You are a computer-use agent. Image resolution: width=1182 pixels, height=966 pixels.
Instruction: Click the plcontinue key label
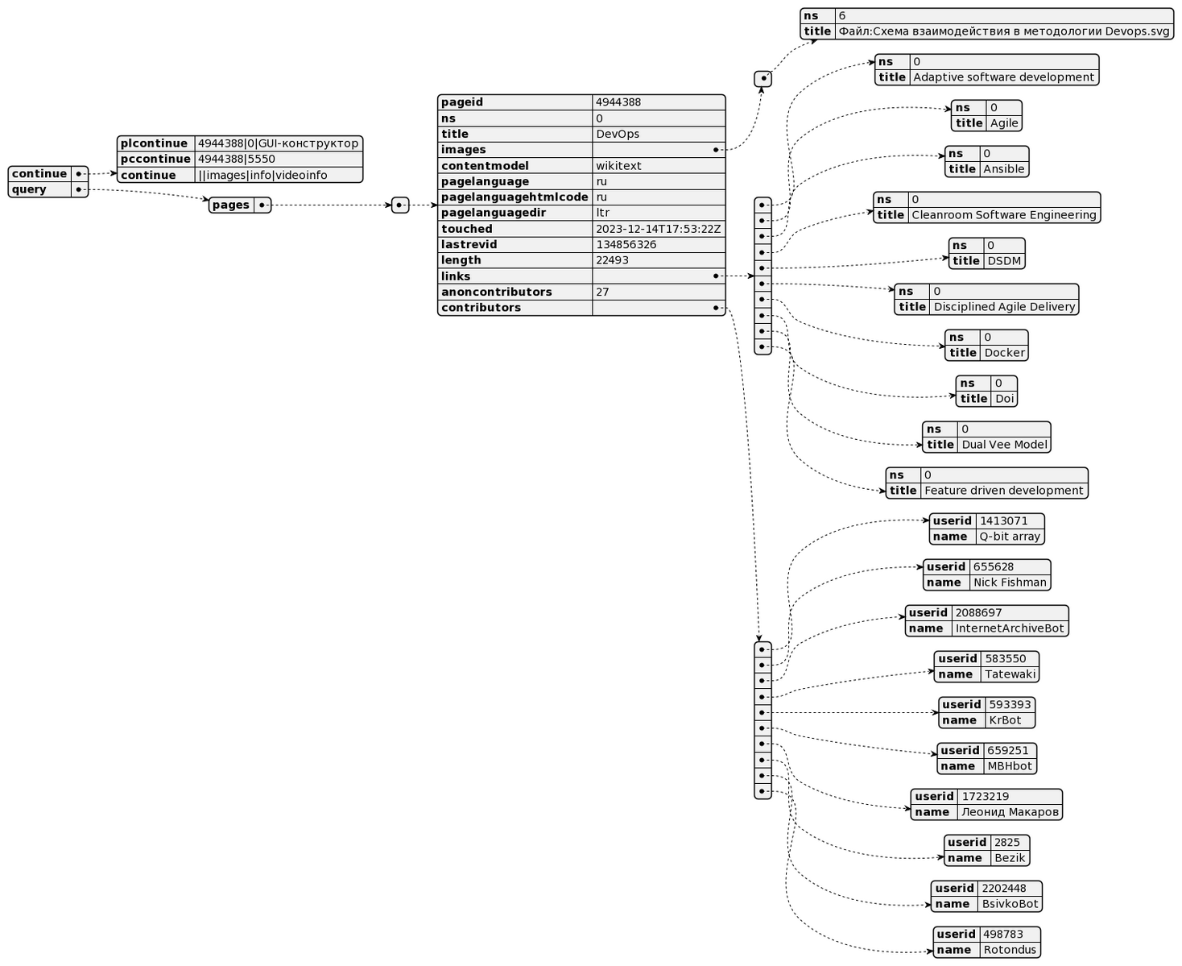[x=155, y=143]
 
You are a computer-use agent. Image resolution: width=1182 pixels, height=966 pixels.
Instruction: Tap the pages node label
[x=231, y=205]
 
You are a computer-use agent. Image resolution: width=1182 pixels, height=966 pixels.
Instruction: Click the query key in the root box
[x=30, y=189]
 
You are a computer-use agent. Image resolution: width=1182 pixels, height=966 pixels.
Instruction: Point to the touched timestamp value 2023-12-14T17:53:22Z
[x=658, y=229]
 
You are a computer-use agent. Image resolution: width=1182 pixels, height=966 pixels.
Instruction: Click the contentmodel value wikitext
[x=618, y=166]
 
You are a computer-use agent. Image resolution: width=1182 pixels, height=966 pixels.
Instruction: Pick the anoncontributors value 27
[x=602, y=292]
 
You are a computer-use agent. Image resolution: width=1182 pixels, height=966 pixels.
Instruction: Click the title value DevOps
[x=618, y=134]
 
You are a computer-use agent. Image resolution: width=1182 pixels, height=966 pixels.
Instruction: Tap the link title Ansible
[x=1004, y=169]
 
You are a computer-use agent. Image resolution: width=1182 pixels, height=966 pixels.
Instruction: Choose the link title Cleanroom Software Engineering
[x=1003, y=215]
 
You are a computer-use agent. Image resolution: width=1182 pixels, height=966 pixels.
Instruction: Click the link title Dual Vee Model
[x=1004, y=445]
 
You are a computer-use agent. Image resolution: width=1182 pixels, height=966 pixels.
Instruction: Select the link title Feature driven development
[x=1004, y=491]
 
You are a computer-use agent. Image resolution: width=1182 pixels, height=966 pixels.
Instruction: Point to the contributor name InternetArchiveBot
[x=1009, y=628]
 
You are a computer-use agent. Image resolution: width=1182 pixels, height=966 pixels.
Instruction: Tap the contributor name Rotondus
[x=1010, y=950]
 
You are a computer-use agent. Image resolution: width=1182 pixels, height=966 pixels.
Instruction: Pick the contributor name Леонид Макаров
[x=1010, y=812]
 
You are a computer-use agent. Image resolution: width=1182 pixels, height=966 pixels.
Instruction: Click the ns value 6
[x=842, y=15]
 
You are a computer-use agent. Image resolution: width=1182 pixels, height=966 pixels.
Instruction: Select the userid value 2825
[x=1006, y=843]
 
